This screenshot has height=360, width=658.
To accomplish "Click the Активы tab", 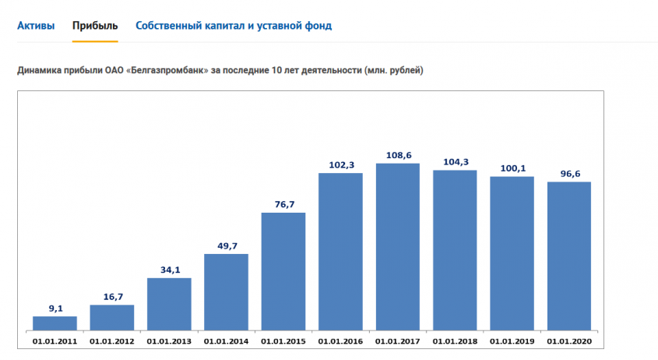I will coord(36,26).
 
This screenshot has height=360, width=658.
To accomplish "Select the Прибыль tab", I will coord(95,26).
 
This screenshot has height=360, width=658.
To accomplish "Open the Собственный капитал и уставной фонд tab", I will coord(234,26).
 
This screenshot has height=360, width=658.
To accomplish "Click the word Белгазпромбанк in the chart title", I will coord(171,71).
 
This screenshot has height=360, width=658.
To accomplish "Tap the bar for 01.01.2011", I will coord(55,323).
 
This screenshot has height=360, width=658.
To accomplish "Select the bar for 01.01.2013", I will coord(169,304).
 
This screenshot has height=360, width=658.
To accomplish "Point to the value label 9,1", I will coord(55,309).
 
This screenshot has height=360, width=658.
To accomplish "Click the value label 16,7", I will coord(112,297).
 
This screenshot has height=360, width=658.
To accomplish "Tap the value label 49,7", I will coord(227,246).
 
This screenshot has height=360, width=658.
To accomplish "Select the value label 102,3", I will coord(341,164).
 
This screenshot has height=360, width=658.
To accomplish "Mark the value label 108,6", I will coord(398,155).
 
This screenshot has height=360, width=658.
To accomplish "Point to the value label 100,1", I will coord(512,168).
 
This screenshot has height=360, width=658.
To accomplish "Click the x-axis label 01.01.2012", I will coord(112,341).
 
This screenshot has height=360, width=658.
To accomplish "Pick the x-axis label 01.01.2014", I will coord(227,341).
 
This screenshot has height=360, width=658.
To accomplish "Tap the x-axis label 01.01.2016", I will coord(341,341).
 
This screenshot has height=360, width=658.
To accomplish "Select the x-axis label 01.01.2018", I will coord(455,341).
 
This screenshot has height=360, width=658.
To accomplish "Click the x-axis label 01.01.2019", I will coord(512,341).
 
